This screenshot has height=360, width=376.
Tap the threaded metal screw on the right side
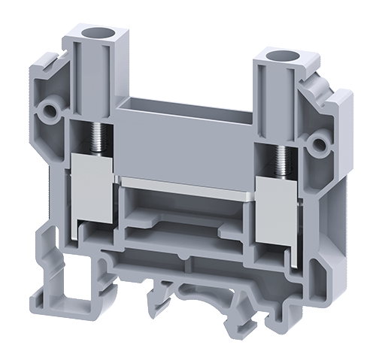(281, 159)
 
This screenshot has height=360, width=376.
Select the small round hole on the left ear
(50, 110)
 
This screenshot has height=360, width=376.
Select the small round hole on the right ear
(323, 142)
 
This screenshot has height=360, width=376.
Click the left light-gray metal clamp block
(94, 188)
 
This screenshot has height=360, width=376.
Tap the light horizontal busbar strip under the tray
(188, 183)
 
